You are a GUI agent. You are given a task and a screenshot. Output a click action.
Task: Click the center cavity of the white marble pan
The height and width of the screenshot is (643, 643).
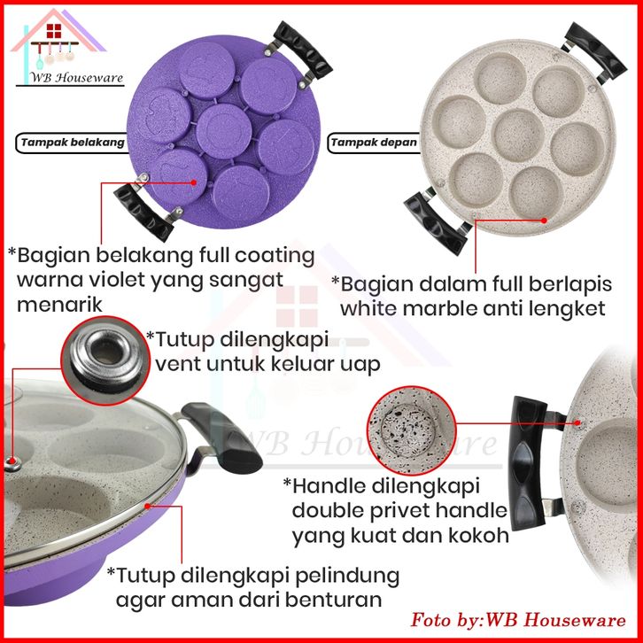coord(517,129)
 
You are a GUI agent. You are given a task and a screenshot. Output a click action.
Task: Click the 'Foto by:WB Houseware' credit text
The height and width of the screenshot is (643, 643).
coord(518,618)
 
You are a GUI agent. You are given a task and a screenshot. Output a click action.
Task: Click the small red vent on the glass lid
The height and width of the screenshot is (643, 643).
coord(12,461)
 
